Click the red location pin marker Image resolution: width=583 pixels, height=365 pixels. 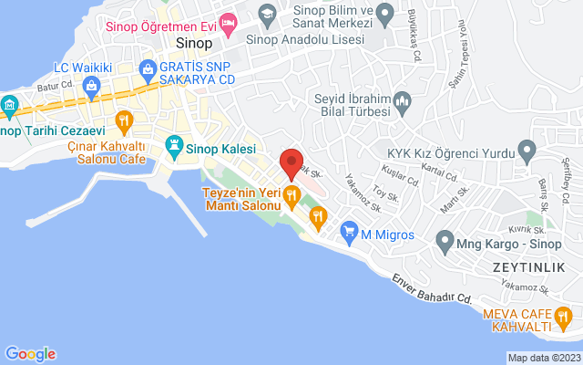click(291, 162)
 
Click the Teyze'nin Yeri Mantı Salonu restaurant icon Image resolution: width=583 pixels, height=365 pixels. click(291, 193)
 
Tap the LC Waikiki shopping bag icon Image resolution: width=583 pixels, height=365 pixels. click(92, 86)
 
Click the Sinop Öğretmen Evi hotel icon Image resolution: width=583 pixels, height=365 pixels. click(229, 20)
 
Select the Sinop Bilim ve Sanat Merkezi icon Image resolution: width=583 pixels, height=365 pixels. click(267, 13)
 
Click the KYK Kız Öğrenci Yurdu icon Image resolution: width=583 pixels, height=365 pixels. click(526, 149)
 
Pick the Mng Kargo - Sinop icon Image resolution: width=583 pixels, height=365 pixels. click(444, 243)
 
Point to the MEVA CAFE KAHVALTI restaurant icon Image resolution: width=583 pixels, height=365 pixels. click(565, 320)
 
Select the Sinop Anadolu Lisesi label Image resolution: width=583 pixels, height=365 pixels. click(309, 40)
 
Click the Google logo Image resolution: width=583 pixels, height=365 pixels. click(30, 354)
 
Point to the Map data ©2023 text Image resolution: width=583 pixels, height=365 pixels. click(543, 358)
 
